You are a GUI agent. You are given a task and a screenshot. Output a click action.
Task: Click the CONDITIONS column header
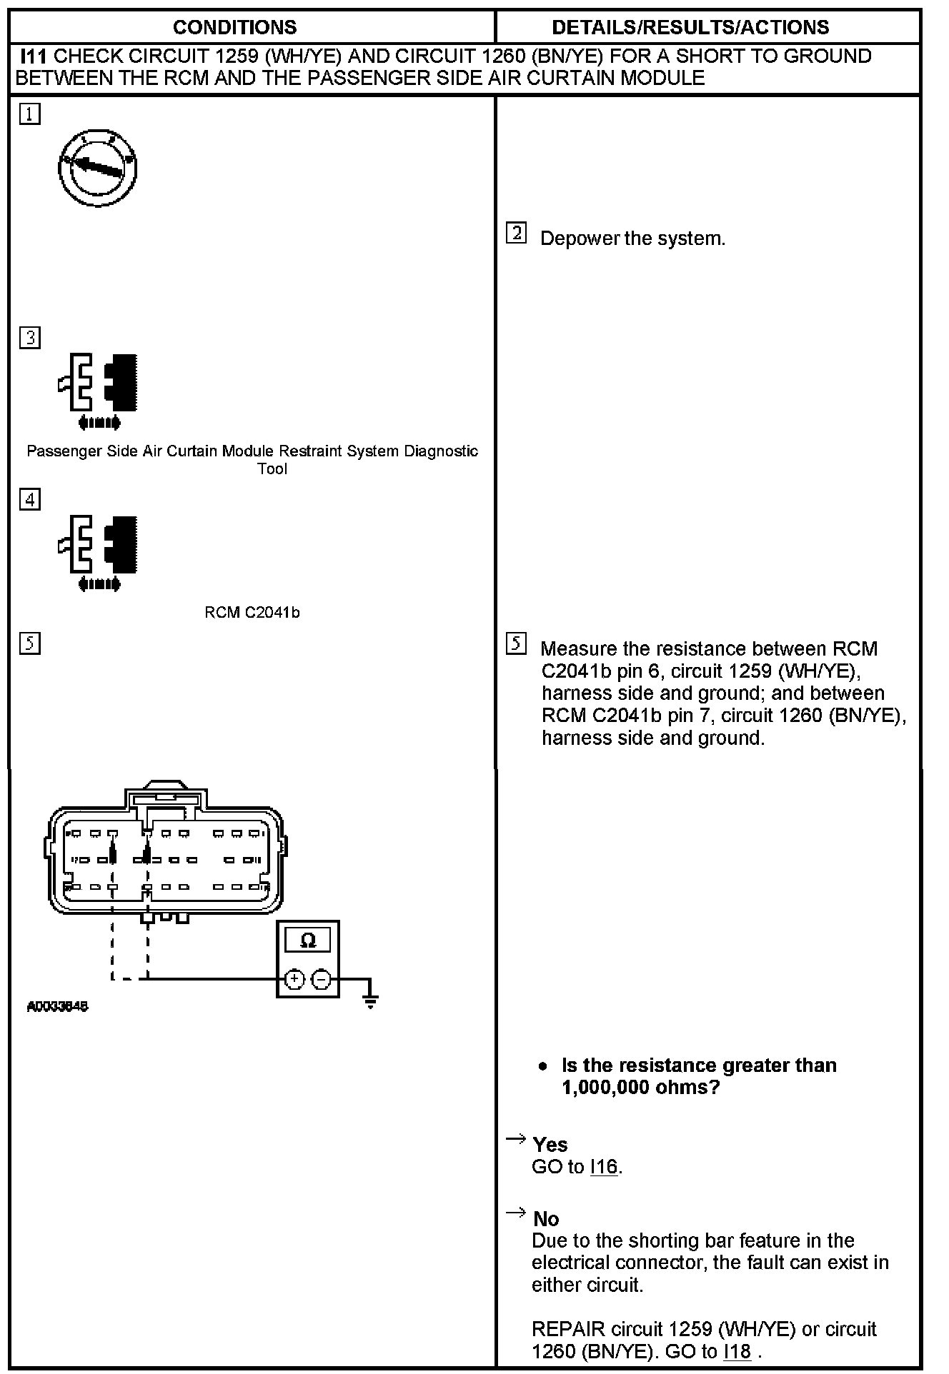pyautogui.click(x=234, y=27)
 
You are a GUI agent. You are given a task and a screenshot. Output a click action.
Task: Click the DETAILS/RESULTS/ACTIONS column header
pyautogui.click(x=690, y=27)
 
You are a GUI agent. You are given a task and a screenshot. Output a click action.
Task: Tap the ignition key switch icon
pyautogui.click(x=97, y=169)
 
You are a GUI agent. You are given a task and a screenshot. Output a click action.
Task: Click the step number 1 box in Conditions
pyautogui.click(x=30, y=114)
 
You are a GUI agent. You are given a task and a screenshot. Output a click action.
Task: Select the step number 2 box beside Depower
pyautogui.click(x=516, y=234)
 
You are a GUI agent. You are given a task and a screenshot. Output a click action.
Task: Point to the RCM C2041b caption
pyautogui.click(x=252, y=613)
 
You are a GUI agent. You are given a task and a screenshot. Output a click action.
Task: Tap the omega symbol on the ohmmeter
pyautogui.click(x=308, y=941)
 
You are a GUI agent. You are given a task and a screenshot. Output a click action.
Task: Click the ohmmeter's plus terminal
pyautogui.click(x=294, y=979)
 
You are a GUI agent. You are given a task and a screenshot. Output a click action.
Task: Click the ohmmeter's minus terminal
pyautogui.click(x=322, y=979)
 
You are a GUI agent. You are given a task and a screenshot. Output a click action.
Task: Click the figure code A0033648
pyautogui.click(x=57, y=1007)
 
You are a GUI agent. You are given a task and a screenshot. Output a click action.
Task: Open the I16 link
pyautogui.click(x=605, y=1167)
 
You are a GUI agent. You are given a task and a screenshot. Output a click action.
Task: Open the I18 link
pyautogui.click(x=737, y=1351)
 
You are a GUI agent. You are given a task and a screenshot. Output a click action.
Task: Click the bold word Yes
pyautogui.click(x=550, y=1145)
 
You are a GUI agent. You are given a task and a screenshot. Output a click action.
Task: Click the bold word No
pyautogui.click(x=546, y=1218)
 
